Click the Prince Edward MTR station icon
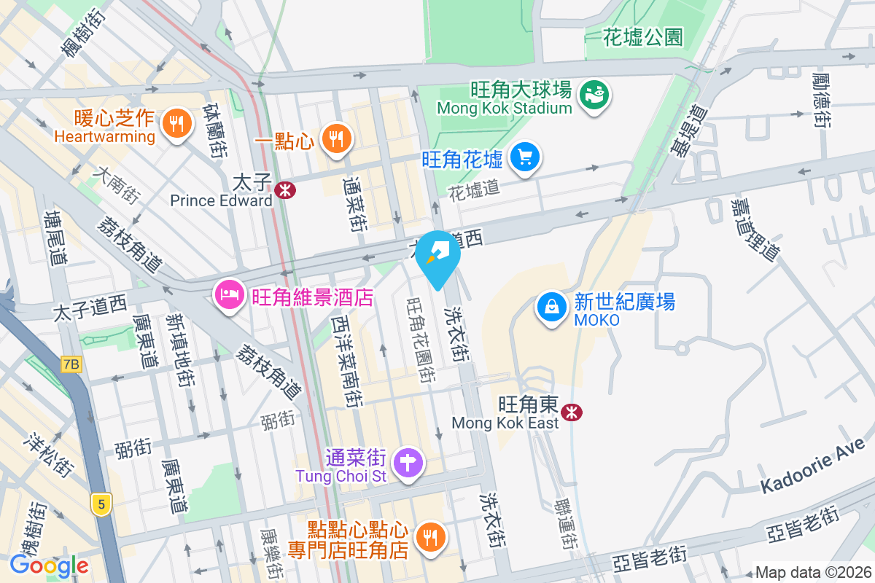coord(286,190)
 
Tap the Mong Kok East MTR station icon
coord(572,413)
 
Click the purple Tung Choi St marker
coord(408,462)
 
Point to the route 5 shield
coord(101,504)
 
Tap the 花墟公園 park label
coord(643,37)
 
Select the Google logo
coord(49,565)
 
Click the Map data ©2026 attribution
coord(812,573)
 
